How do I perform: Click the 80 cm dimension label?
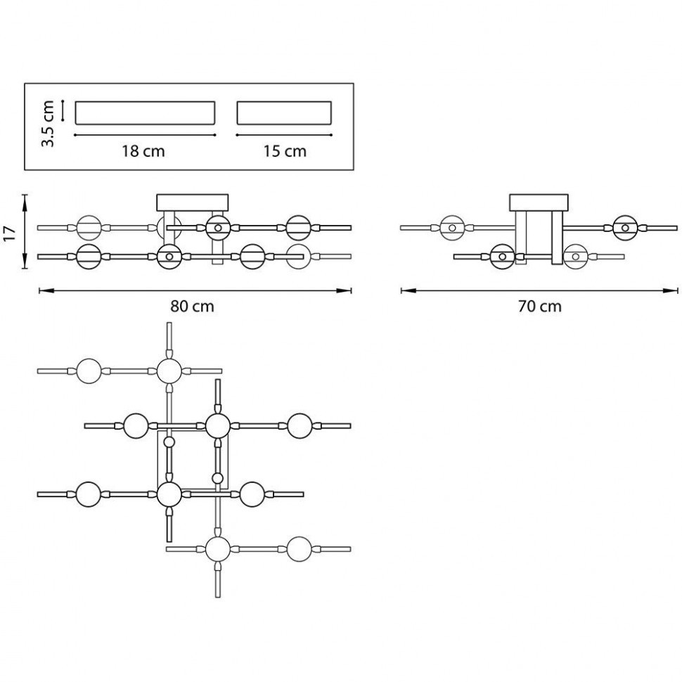coord(192,307)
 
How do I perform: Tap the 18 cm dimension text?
coord(143,151)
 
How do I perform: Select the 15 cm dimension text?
coord(284,151)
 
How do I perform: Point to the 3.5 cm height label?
coord(48,123)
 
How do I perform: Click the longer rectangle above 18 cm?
coord(144,113)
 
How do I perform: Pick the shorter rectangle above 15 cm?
coord(284,113)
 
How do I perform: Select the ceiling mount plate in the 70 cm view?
coord(539,202)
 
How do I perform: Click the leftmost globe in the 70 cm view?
coord(453,227)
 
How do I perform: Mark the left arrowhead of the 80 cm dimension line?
coord(41,290)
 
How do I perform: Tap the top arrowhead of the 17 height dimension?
coord(25,198)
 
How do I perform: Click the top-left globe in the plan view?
coord(89,371)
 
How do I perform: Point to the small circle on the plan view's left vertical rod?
coord(169,442)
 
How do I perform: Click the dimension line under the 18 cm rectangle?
coord(144,134)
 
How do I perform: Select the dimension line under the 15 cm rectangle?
coord(284,134)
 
